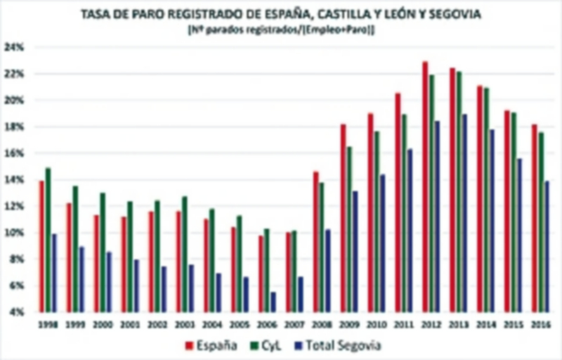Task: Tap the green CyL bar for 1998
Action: click(x=48, y=239)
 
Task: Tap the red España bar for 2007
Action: click(x=288, y=271)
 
